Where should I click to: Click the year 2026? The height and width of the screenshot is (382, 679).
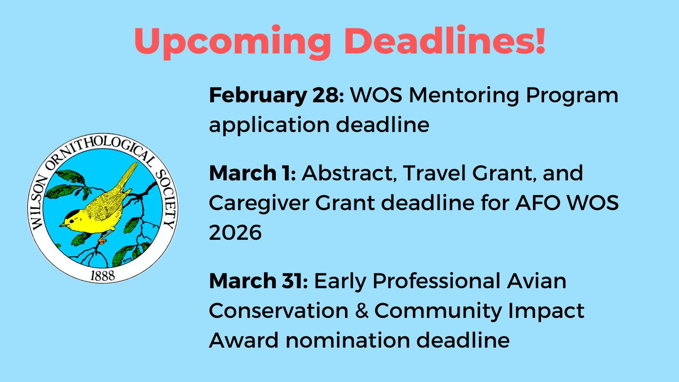pyautogui.click(x=235, y=233)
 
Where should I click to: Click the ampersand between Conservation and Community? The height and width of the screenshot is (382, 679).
pyautogui.click(x=362, y=310)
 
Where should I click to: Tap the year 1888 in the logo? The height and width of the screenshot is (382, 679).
pyautogui.click(x=103, y=275)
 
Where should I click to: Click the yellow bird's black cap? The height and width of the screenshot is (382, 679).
pyautogui.click(x=73, y=214)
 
